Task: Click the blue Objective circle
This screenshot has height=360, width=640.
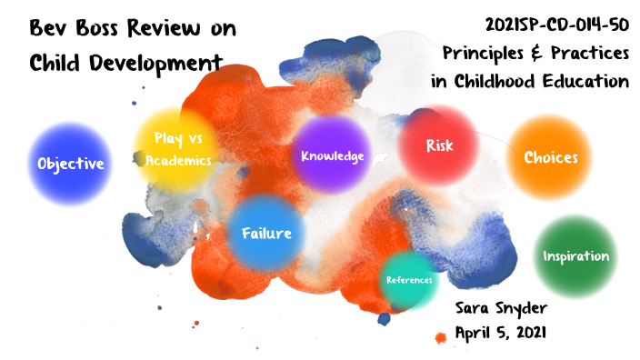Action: [70, 164]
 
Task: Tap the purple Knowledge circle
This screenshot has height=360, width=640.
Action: [333, 155]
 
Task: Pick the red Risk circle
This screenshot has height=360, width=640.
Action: [439, 145]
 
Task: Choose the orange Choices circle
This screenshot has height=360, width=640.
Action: [550, 156]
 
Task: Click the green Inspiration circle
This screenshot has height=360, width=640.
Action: [575, 255]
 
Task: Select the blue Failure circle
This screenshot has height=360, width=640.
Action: [266, 233]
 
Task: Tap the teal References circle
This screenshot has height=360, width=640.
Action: [409, 280]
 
